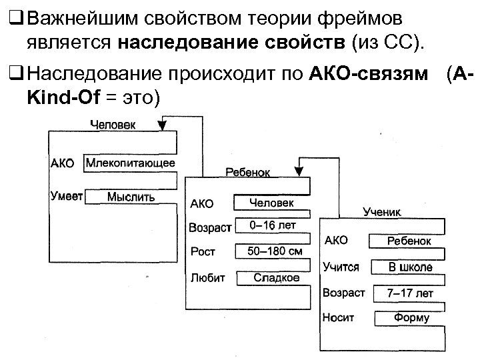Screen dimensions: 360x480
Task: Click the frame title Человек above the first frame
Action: (112, 124)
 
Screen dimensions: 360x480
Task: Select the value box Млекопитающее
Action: (131, 163)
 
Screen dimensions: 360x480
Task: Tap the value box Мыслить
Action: (131, 197)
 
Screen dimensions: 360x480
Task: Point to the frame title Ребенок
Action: (248, 172)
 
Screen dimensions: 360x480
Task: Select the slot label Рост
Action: (203, 252)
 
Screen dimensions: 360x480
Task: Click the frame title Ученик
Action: (382, 211)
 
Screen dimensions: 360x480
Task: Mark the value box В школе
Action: (410, 267)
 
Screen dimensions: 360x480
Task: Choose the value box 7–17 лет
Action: (410, 293)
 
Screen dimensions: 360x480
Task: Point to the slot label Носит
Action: (339, 318)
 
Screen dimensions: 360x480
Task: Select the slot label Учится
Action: (341, 267)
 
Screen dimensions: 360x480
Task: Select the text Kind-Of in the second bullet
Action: (57, 98)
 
